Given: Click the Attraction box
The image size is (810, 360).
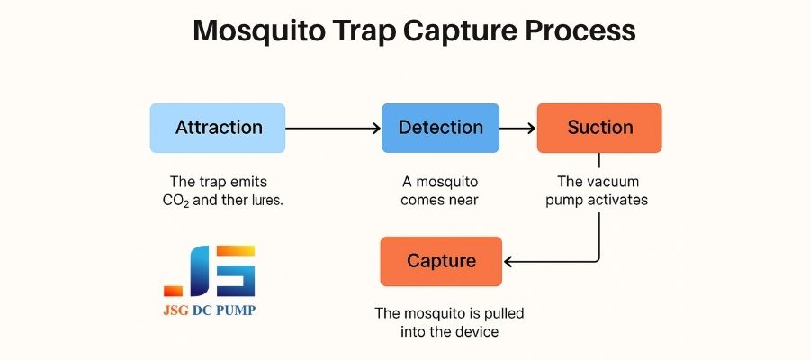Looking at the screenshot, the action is [218, 128].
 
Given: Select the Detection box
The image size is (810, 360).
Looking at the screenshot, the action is [441, 128].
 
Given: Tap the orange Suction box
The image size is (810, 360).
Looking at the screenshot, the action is [599, 128].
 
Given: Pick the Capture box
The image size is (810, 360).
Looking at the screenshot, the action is [441, 261].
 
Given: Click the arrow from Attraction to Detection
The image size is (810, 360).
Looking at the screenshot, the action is [333, 128].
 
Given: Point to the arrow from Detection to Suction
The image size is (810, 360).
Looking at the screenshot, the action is [517, 128].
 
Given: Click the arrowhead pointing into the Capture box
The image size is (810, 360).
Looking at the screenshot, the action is [508, 262].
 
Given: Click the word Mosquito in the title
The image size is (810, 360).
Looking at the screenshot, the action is [260, 31].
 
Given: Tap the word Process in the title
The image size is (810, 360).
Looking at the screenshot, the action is [580, 31].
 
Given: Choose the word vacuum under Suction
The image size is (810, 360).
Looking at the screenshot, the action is [616, 182].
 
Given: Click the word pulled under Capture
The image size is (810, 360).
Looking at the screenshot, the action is [504, 313].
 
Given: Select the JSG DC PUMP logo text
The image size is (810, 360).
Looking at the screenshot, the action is [209, 310].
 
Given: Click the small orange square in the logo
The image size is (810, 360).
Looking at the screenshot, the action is [173, 291].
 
